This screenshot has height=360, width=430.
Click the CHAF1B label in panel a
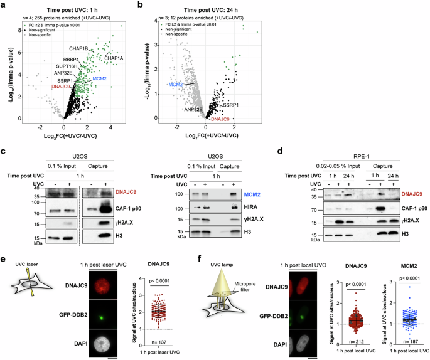(75, 48)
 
